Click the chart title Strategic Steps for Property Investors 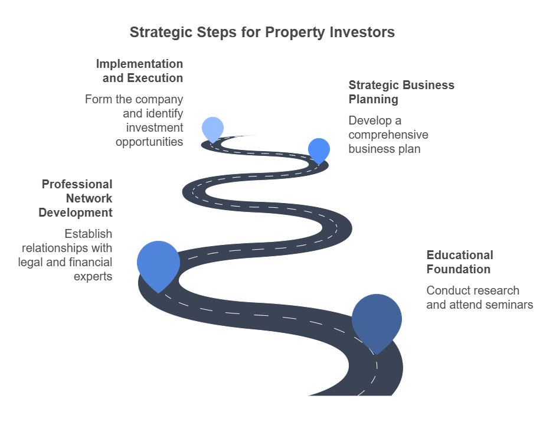point(262,32)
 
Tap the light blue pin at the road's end point(212,128)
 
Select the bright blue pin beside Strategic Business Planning point(319,149)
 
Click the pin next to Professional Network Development point(158,263)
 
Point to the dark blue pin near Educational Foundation point(377,319)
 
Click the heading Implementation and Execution point(139,71)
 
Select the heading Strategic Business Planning point(401,92)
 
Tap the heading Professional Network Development point(76,198)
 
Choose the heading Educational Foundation point(459,262)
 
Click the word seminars point(510,305)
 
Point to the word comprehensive point(388,135)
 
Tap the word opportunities point(149,142)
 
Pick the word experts point(93,276)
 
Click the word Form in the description point(98,99)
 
